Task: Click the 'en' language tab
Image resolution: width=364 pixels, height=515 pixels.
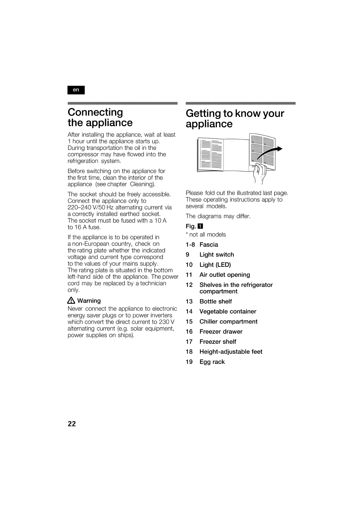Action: [x=76, y=90]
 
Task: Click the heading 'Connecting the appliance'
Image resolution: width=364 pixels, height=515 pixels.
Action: [x=100, y=117]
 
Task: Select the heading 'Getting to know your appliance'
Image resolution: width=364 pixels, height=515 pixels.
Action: [x=235, y=119]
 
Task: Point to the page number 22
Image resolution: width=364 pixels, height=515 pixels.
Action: [x=72, y=424]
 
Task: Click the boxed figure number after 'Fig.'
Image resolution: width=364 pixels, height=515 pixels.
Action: [x=200, y=227]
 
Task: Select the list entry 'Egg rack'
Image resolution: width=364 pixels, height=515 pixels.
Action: [x=212, y=362]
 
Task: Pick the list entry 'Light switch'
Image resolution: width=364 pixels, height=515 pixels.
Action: [x=216, y=255]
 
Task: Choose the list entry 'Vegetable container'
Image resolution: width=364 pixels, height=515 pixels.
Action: [x=228, y=312]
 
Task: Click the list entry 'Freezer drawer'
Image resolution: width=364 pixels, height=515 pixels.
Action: [x=221, y=332]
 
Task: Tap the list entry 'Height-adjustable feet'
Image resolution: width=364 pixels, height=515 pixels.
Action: [x=231, y=352]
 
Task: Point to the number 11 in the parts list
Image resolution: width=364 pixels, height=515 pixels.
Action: [x=189, y=275]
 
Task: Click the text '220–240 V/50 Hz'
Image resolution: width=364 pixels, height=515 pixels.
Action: [x=87, y=208]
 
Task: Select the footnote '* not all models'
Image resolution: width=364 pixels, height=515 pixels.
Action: [x=206, y=235]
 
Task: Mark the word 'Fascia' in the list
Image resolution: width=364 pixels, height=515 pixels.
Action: [x=209, y=245]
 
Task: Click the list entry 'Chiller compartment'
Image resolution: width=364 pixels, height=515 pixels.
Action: [x=228, y=322]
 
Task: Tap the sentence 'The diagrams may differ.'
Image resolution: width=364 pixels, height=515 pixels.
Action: [x=218, y=216]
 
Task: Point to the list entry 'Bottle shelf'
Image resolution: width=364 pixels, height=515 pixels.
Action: [x=215, y=302]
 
